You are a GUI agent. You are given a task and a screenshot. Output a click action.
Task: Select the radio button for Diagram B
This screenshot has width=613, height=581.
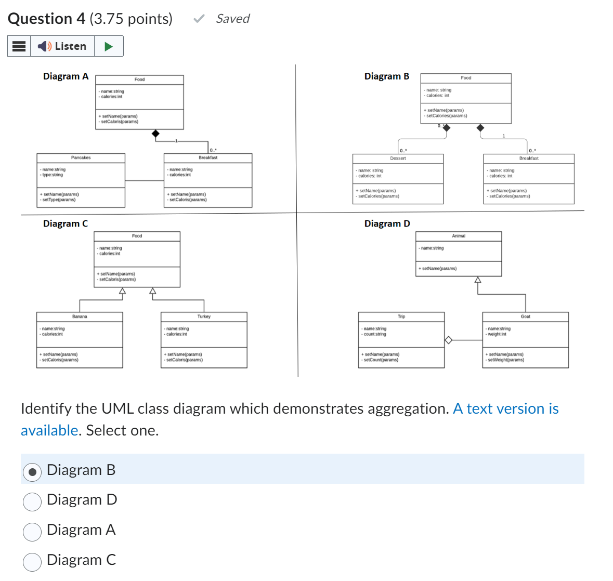(x=32, y=471)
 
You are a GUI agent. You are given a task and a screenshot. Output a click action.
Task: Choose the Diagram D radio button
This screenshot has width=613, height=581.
(x=32, y=501)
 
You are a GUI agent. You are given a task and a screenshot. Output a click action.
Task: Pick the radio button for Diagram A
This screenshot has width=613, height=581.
(x=32, y=532)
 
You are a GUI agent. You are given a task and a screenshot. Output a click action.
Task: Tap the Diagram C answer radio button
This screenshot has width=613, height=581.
(x=32, y=562)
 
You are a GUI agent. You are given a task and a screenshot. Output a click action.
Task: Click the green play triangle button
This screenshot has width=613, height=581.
(x=109, y=46)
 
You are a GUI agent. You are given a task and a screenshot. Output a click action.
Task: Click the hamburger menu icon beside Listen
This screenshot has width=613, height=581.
(x=19, y=46)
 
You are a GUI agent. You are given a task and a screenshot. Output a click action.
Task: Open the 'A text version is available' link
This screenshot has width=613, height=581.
(x=505, y=409)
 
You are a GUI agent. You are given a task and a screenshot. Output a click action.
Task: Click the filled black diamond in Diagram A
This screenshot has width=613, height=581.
(x=155, y=134)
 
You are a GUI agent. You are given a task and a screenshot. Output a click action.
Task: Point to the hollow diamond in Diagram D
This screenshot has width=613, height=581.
(x=448, y=340)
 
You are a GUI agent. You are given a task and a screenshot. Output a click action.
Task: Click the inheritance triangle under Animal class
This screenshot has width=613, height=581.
(x=477, y=280)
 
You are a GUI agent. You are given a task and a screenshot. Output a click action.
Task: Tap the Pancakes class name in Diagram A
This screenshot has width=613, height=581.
(x=81, y=157)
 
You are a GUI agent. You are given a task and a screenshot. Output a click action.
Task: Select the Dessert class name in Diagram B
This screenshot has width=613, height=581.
(x=398, y=158)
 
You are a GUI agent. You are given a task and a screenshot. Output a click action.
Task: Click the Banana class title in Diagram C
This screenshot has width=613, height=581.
(x=80, y=316)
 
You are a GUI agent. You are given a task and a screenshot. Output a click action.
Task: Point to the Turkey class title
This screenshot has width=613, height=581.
(x=204, y=316)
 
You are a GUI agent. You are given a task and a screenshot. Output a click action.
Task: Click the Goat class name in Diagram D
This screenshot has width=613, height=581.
(x=525, y=316)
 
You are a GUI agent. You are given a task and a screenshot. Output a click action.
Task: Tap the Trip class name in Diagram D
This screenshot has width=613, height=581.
(x=401, y=316)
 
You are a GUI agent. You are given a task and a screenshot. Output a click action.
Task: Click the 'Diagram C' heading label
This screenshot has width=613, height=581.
(x=66, y=223)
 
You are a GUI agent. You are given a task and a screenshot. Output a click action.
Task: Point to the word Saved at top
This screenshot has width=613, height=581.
(x=232, y=19)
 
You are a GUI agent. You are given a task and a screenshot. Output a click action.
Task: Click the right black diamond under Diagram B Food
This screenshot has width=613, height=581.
(x=480, y=128)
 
